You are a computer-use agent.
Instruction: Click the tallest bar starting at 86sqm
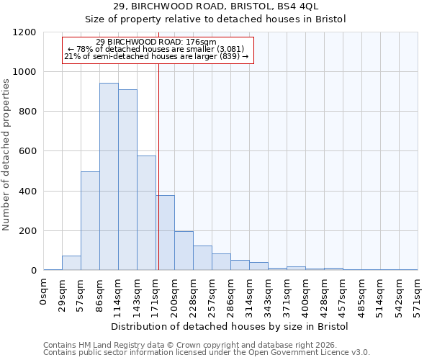point(109,176)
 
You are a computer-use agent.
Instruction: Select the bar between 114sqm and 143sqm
point(127,180)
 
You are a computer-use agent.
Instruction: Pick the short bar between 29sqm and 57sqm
point(71,263)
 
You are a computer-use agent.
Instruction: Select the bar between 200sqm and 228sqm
point(184,251)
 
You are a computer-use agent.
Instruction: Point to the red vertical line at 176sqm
point(158,166)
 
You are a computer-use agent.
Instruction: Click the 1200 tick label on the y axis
point(25,32)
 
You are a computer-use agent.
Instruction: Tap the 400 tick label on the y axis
point(28,192)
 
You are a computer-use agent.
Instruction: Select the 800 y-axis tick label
point(28,112)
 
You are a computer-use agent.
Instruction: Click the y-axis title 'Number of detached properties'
point(7,151)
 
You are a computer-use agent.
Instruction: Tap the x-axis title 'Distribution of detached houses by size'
point(230,326)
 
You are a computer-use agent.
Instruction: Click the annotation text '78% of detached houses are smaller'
point(159,49)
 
